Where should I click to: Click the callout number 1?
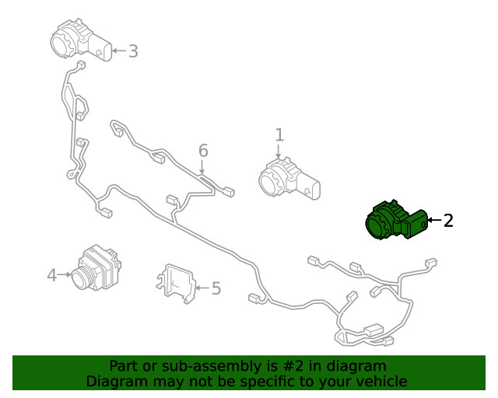(279, 135)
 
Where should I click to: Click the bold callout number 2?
(447, 221)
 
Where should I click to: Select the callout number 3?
(133, 51)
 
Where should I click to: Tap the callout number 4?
(51, 274)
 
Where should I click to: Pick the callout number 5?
(216, 288)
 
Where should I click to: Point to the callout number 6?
(203, 149)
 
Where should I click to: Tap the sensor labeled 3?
(80, 41)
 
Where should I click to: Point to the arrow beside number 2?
(433, 221)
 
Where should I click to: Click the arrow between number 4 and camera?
(65, 274)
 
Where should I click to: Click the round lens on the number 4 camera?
(81, 279)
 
